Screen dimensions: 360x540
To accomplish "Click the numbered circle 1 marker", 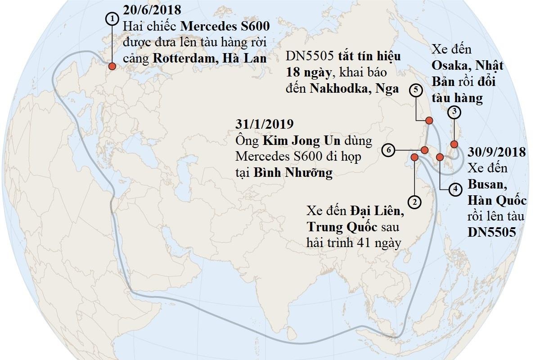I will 112,18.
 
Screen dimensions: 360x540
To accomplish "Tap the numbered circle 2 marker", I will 414,201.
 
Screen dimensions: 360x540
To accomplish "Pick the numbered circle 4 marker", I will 455,189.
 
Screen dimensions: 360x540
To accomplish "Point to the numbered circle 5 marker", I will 415,90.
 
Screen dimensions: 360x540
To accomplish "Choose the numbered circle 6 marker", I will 388,150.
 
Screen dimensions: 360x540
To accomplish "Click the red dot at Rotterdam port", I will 112,66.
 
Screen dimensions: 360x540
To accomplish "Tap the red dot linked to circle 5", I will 429,120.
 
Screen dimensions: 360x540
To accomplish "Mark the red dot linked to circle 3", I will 454,144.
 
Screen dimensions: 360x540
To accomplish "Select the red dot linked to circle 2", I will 414,157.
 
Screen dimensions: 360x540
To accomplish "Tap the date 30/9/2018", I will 497,153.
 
